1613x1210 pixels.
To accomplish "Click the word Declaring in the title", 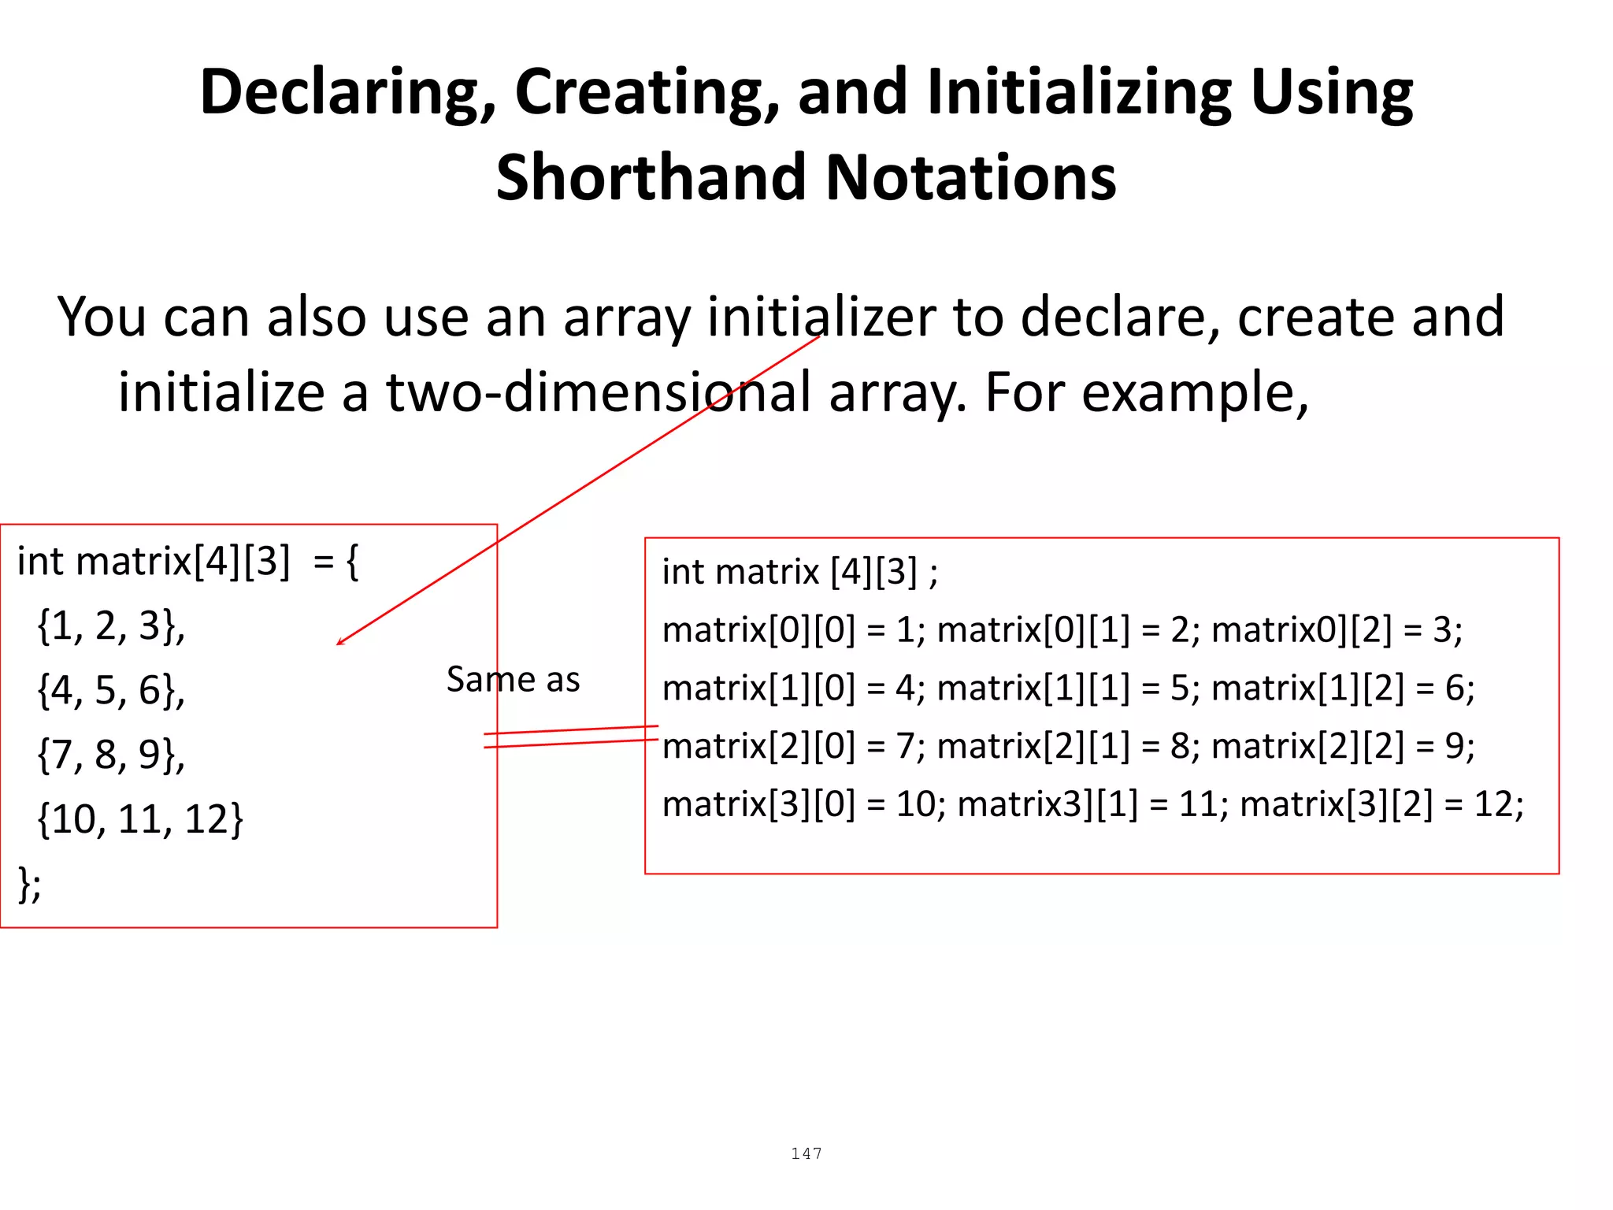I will (x=347, y=93).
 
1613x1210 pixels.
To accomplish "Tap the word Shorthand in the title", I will (x=651, y=178).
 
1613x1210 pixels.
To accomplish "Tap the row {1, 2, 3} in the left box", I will (x=111, y=625).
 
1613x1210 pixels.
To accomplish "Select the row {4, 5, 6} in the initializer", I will (x=111, y=690).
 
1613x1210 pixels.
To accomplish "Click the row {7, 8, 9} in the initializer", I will (x=111, y=755).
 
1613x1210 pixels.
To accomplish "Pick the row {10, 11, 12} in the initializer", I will (x=140, y=819).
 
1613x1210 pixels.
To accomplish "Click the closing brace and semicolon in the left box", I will (x=29, y=884).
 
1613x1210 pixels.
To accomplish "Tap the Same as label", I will (x=513, y=679).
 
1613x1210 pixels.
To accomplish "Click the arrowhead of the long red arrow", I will (x=339, y=643).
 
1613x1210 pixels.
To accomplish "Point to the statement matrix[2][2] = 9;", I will (x=1342, y=746).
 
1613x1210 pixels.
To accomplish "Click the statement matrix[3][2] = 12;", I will (x=1381, y=804).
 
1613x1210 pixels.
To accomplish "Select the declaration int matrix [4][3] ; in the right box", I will (x=799, y=572).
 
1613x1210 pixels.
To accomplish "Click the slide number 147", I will (x=806, y=1154).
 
